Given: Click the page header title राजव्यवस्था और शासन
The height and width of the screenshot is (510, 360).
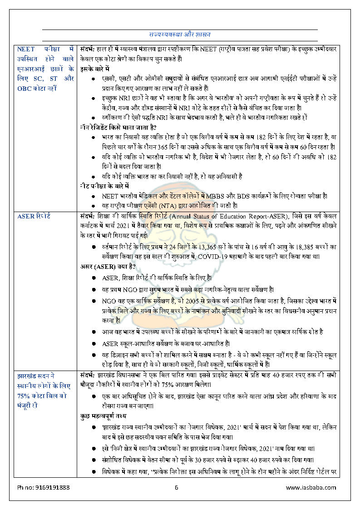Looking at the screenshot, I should (x=179, y=35).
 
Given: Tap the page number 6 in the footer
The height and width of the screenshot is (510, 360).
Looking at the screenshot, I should (x=177, y=487).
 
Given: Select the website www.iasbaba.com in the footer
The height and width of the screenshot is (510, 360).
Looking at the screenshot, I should (x=311, y=487).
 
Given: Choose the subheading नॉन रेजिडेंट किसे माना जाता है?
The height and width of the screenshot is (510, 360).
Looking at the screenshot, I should (x=118, y=127).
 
